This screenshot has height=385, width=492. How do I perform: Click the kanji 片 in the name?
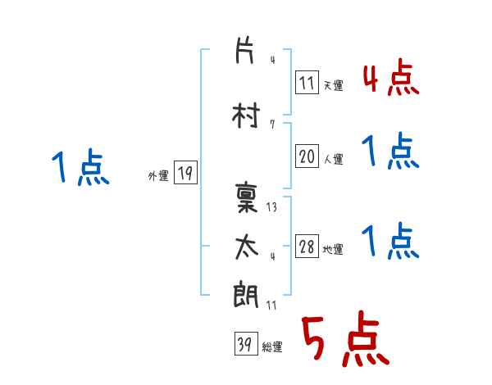tap(244, 50)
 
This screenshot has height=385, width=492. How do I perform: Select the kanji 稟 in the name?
tap(246, 197)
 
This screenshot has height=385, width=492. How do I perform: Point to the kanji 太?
tap(247, 247)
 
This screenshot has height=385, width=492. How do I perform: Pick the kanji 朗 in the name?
tap(246, 294)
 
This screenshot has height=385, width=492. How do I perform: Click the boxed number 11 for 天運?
tap(307, 83)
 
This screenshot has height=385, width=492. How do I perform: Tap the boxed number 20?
tap(307, 156)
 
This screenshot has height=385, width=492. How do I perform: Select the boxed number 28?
tap(307, 246)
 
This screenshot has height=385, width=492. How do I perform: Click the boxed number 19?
tap(185, 173)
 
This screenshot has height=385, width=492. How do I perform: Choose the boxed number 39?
tap(246, 343)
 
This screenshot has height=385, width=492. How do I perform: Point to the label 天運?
tap(334, 85)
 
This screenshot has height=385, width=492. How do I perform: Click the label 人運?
tap(334, 159)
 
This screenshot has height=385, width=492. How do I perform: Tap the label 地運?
tap(333, 249)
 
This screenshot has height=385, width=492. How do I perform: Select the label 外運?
tap(158, 176)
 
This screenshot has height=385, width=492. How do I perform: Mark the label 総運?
tap(272, 346)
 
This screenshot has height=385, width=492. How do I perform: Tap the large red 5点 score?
tap(345, 338)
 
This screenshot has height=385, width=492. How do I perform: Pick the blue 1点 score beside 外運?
tap(80, 167)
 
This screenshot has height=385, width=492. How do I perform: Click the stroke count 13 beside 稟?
tap(271, 207)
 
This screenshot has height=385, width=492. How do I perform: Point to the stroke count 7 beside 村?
tap(272, 125)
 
